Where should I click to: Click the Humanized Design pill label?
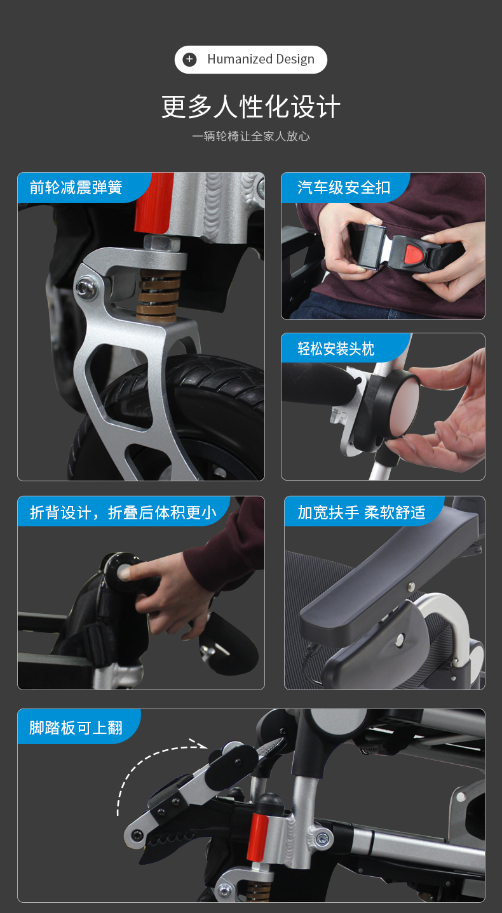point(251,60)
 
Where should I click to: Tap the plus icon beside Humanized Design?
point(189,60)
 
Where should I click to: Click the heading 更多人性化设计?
point(251,107)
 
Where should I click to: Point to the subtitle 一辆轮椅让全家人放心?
point(251,136)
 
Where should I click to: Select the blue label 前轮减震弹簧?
point(76,187)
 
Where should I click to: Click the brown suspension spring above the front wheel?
point(158,294)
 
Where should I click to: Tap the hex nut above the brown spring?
point(162,243)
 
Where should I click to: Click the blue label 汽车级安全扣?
point(344,187)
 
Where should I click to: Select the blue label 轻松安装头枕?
point(336,349)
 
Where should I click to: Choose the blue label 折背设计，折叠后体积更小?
point(123,512)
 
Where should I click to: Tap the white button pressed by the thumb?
point(124,573)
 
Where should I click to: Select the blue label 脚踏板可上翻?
point(76,728)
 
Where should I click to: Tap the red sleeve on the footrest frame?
point(258,834)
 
